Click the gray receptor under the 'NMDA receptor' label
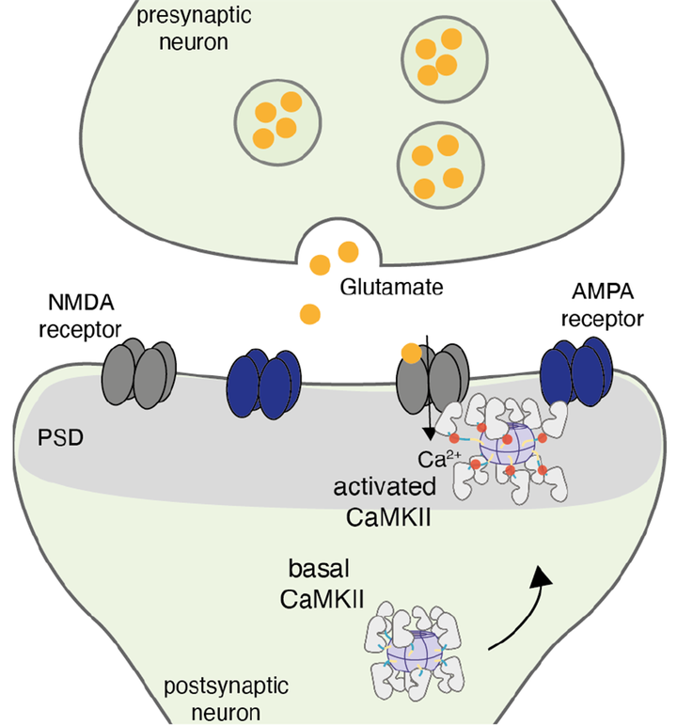click(140, 372)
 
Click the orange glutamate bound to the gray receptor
click(410, 354)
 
